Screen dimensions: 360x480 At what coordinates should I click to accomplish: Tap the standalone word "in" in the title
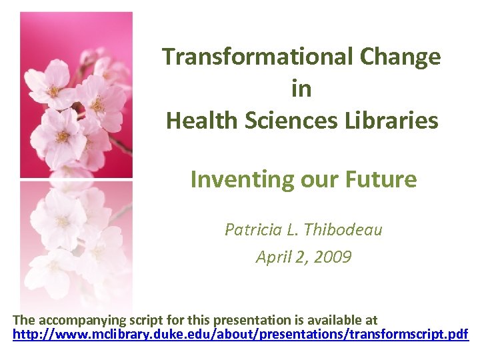(301, 89)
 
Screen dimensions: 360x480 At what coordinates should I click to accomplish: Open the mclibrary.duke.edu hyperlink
(241, 333)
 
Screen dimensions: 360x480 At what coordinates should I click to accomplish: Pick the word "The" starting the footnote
(25, 321)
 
